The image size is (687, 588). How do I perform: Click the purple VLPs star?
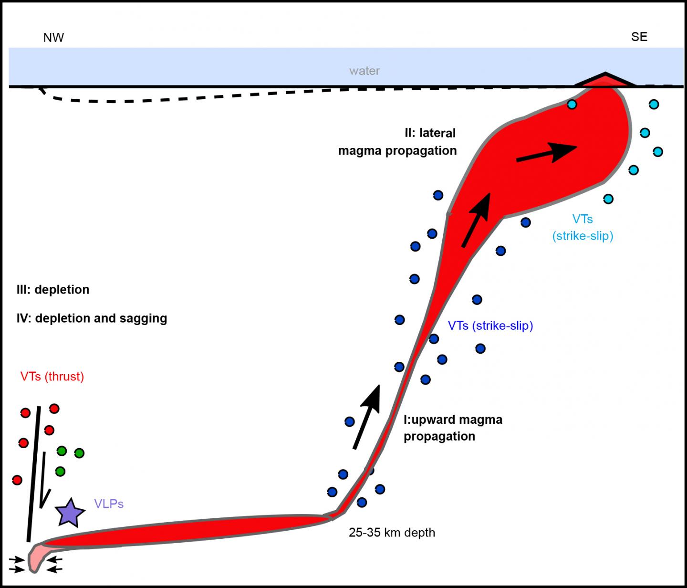point(70,513)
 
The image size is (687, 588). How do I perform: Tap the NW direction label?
point(53,38)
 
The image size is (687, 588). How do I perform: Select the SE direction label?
point(639,37)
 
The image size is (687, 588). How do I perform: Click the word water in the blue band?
point(364,71)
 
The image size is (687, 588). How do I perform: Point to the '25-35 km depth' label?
point(392,532)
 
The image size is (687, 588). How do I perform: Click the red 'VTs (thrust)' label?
point(52,377)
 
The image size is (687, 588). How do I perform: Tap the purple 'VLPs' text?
point(109,504)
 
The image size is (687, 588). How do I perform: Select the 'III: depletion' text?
point(53,290)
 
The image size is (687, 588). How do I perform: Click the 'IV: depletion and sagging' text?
point(92,318)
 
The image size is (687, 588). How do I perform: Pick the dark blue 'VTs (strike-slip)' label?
point(490,325)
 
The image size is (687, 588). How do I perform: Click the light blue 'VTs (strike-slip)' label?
point(583,227)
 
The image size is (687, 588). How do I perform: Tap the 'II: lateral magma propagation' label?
point(397,142)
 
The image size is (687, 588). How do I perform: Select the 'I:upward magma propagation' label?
point(452,428)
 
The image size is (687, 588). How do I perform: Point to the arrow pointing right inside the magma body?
point(547,152)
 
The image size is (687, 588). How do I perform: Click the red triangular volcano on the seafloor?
point(605,81)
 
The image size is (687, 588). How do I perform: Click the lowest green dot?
point(60,472)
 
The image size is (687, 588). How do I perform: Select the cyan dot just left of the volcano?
point(572,104)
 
